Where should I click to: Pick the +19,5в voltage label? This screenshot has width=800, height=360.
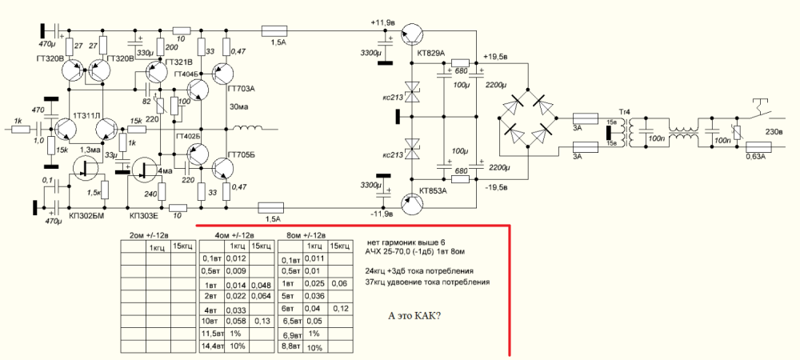pos(498,57)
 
